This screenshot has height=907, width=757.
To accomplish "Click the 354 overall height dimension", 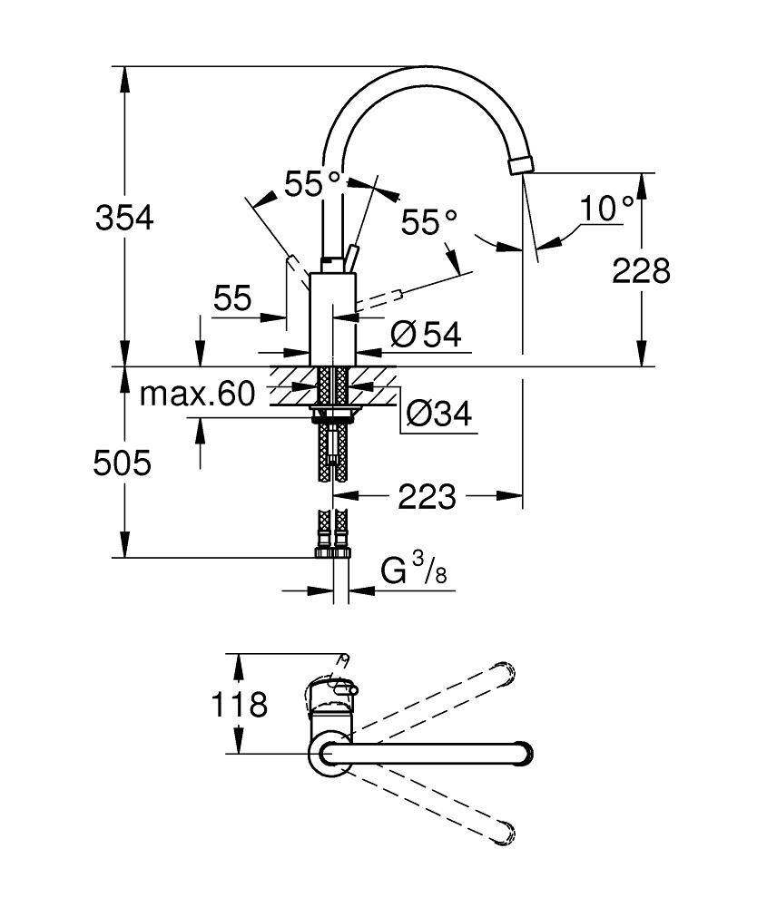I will click(125, 218).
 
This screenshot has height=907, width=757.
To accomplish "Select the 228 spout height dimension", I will click(641, 269).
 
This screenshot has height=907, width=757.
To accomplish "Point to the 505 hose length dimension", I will click(123, 463).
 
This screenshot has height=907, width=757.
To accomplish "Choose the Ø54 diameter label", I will click(426, 335).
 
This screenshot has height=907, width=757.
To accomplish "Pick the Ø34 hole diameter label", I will click(438, 414).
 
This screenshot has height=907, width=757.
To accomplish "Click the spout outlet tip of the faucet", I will click(522, 166).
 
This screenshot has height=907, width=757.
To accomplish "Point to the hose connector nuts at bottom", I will click(332, 550).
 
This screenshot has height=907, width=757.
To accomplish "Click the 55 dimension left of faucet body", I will click(232, 298).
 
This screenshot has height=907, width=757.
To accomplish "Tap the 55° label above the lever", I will click(312, 184).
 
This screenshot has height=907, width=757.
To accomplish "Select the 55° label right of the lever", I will click(430, 221).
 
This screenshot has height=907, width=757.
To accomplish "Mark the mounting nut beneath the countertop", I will click(333, 415).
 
